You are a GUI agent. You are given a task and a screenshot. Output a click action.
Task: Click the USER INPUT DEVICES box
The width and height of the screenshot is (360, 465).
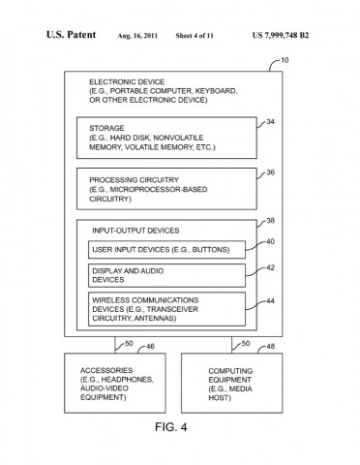coord(165,250)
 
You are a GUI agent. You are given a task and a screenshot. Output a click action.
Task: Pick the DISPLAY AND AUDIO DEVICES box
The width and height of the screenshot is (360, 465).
coord(165,276)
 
